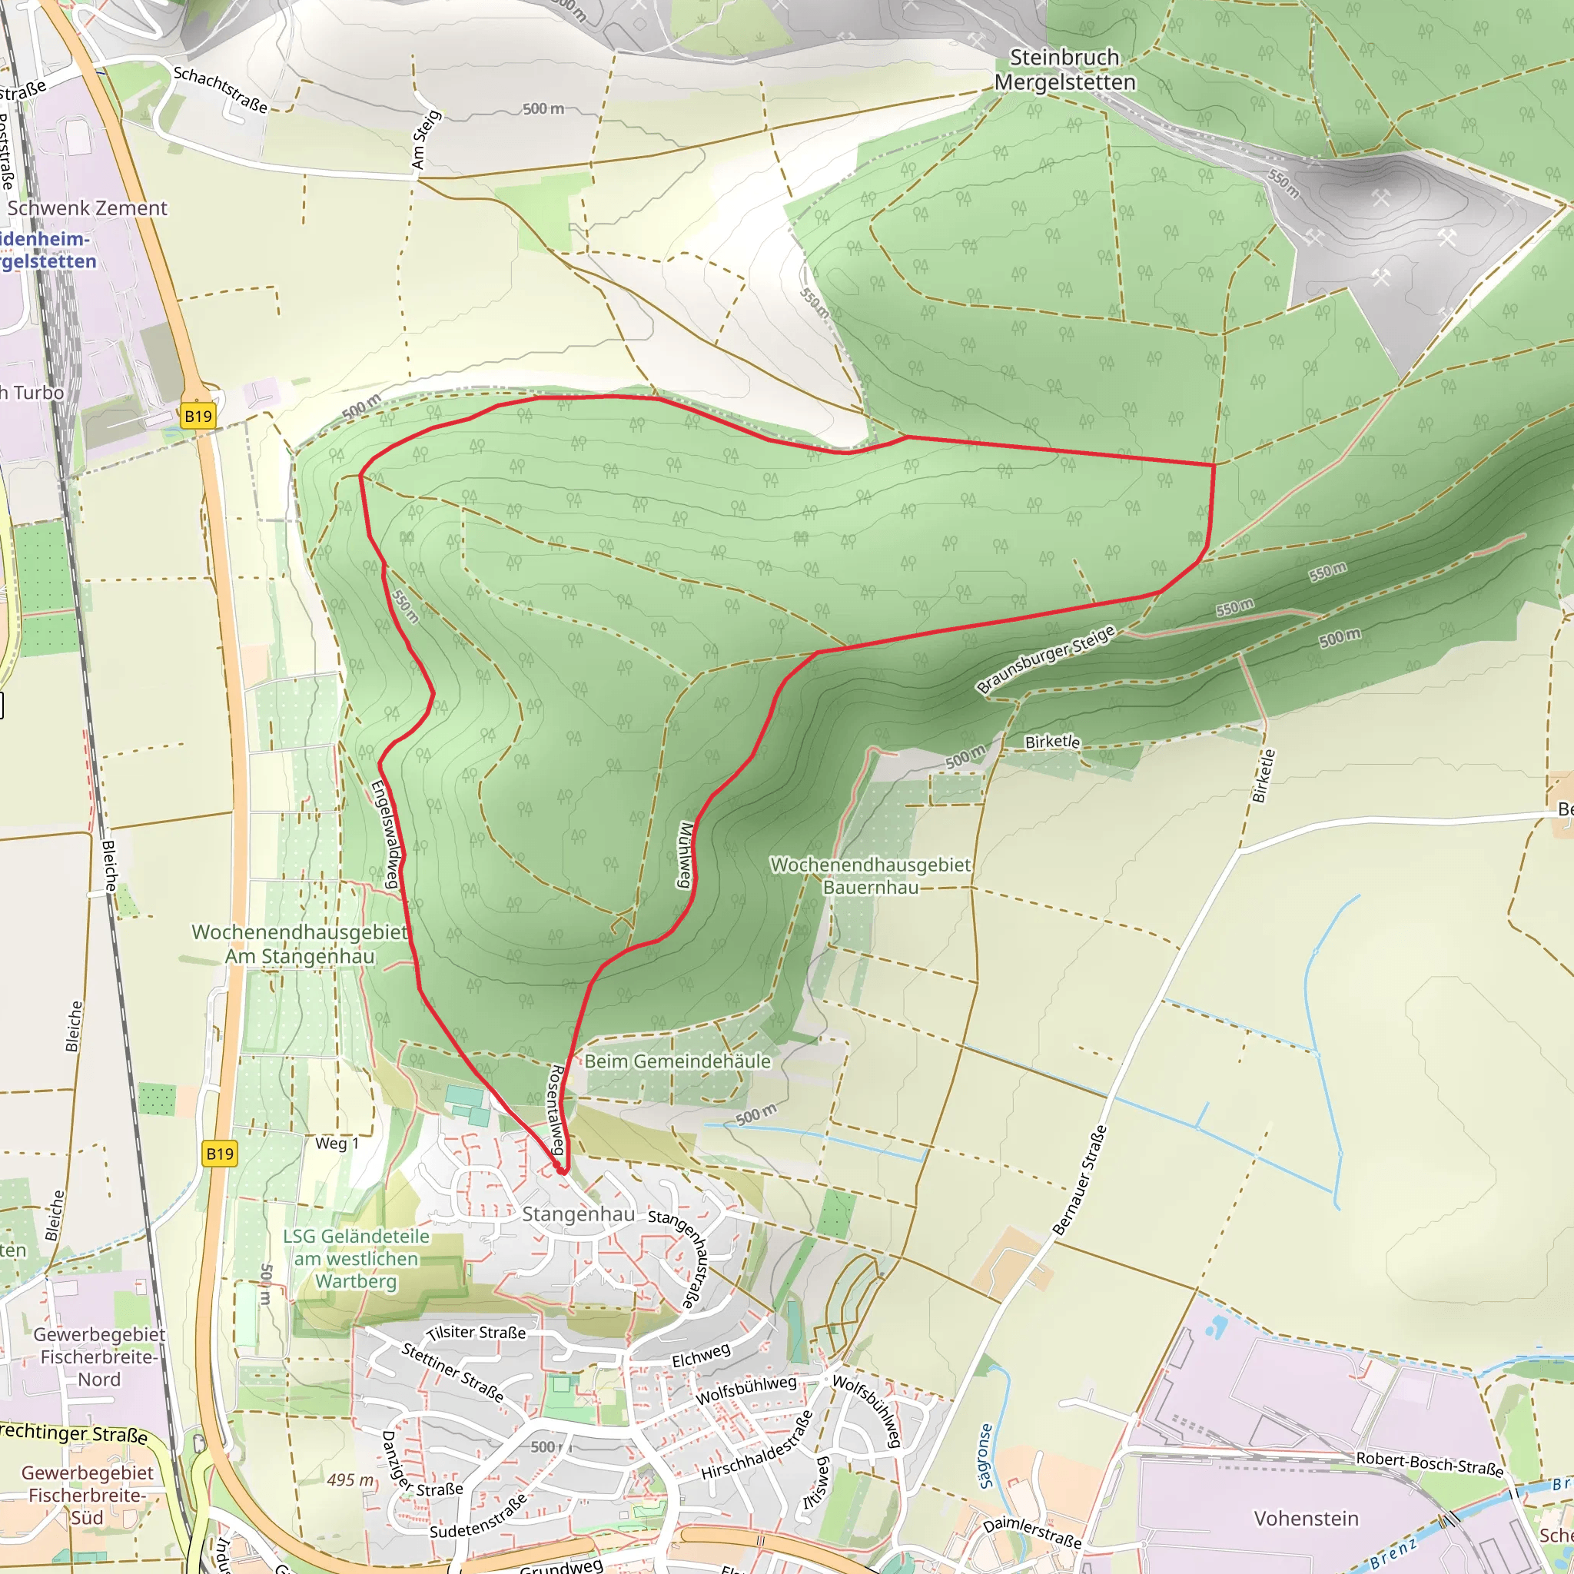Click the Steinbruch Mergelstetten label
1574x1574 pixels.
click(x=1064, y=70)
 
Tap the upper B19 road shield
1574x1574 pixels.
click(x=198, y=417)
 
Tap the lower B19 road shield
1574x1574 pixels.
click(x=219, y=1154)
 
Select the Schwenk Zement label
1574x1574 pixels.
click(x=87, y=208)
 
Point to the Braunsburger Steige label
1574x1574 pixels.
click(x=1045, y=659)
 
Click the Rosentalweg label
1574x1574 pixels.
click(x=556, y=1110)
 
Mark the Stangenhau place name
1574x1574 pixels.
click(x=579, y=1214)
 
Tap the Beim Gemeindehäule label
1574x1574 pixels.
click(x=677, y=1061)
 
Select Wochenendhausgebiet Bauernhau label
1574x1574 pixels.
click(x=870, y=876)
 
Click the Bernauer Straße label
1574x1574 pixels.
click(x=1080, y=1180)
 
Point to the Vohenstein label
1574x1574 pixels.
click(x=1306, y=1519)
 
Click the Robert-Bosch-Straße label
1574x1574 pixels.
click(x=1429, y=1463)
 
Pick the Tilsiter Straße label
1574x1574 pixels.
click(x=476, y=1333)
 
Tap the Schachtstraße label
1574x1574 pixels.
click(x=220, y=89)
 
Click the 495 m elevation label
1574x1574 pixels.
click(x=350, y=1479)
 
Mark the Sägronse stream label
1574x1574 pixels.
click(x=986, y=1456)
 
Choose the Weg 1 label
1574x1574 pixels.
click(x=337, y=1143)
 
